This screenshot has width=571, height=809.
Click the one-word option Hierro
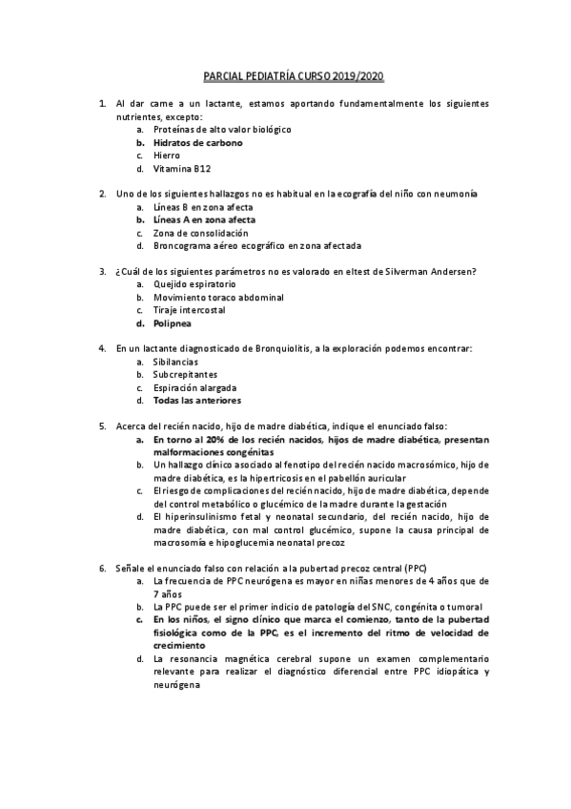point(166,156)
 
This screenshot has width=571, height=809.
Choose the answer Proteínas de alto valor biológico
point(221,129)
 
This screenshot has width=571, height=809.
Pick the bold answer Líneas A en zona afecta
point(203,219)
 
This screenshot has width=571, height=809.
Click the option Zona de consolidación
point(199,233)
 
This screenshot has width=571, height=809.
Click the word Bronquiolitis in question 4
point(285,348)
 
